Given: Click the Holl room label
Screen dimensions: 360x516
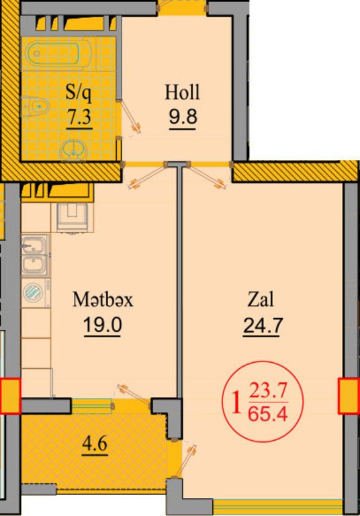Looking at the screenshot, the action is [182, 92].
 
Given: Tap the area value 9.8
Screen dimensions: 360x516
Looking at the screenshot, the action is [183, 116].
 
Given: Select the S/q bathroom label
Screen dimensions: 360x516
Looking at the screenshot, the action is [79, 92].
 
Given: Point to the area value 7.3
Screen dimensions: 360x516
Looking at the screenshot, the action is [79, 116].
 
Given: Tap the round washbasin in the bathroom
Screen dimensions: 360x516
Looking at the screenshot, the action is [73, 151].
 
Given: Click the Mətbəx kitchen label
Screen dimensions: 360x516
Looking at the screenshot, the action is [103, 300].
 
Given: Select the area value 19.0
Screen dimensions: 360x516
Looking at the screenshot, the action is [103, 325].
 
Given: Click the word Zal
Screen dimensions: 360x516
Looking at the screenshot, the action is [261, 300].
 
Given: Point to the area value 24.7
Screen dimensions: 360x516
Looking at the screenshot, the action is [263, 325].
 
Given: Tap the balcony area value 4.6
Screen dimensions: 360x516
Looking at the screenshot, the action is [95, 444].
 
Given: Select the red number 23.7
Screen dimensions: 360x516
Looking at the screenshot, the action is [269, 392].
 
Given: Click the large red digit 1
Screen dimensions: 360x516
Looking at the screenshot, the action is [236, 403].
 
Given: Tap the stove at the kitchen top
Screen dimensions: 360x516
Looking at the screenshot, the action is [72, 217].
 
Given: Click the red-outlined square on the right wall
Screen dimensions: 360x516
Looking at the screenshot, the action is [349, 396].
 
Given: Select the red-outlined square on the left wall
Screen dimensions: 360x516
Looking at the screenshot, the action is [10, 396].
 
